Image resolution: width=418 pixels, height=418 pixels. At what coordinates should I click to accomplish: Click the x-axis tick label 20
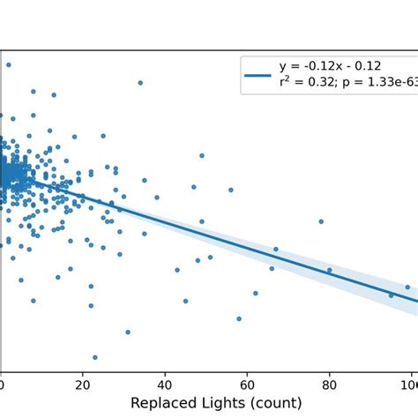[82, 384]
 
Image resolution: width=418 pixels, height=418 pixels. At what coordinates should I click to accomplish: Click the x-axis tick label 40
[165, 384]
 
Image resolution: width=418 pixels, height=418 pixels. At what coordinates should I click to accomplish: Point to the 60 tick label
[247, 384]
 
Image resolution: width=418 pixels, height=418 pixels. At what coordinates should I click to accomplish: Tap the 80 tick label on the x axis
[329, 384]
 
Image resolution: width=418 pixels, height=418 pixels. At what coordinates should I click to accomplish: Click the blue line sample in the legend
[258, 75]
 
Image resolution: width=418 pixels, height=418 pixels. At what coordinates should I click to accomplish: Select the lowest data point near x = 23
[95, 357]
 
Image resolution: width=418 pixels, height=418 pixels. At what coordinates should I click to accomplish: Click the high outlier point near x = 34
[140, 83]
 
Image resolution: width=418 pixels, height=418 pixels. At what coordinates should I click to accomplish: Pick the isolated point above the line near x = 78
[321, 221]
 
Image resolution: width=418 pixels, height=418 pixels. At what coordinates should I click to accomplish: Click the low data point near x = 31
[128, 332]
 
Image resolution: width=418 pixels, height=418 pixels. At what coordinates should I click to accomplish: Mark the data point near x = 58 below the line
[239, 318]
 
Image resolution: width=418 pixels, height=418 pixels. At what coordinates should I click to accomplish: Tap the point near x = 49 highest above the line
[202, 155]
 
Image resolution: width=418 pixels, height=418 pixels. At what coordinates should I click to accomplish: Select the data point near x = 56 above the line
[231, 190]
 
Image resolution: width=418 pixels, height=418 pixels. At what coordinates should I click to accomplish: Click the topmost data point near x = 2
[9, 64]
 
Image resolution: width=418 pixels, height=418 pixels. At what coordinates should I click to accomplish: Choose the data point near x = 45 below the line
[185, 301]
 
